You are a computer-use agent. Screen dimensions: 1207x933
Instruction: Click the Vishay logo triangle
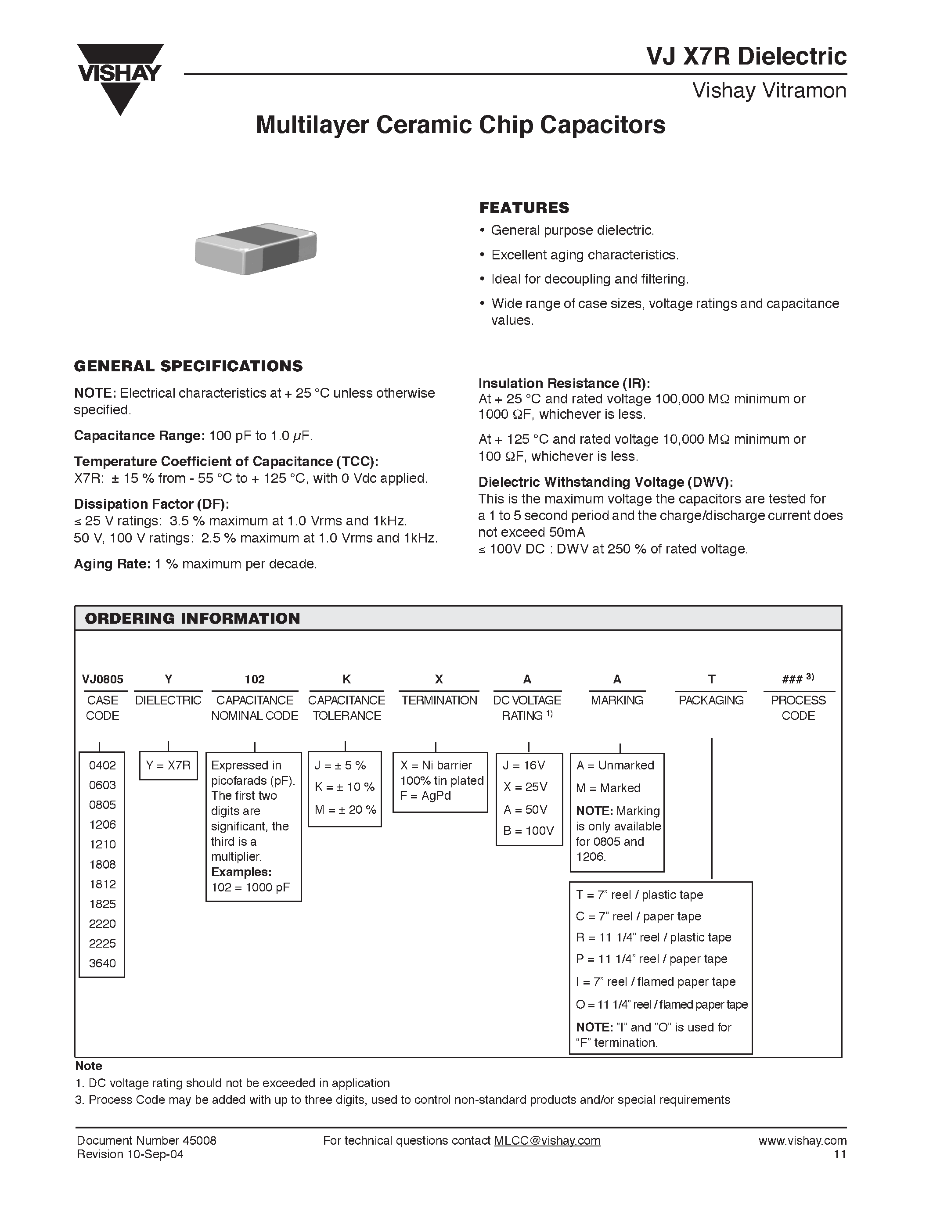(119, 83)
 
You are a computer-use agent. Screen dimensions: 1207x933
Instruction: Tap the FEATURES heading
(524, 208)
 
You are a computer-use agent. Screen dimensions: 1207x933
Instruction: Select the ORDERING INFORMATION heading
(192, 618)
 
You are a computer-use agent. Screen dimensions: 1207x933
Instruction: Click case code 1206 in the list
(102, 825)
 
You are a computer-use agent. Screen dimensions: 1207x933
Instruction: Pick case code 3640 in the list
(102, 963)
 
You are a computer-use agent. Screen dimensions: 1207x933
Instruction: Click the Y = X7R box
(168, 765)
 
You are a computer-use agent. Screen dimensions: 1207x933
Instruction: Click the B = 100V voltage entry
(528, 831)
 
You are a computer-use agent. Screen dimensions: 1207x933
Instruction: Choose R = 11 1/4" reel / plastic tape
(653, 938)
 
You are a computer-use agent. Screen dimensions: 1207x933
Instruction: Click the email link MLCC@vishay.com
(547, 1141)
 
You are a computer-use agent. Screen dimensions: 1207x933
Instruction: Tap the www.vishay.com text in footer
(802, 1141)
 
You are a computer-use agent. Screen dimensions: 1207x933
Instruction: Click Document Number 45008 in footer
(147, 1141)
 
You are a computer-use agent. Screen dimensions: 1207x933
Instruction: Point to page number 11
(839, 1154)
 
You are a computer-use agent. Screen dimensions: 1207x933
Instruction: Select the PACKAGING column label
(711, 700)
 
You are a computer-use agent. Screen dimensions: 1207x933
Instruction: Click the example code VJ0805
(103, 679)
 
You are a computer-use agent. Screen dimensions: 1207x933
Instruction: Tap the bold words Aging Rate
(112, 564)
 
